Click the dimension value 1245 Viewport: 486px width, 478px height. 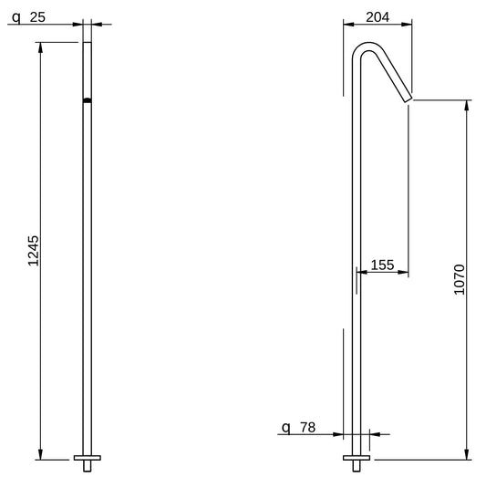pos(34,251)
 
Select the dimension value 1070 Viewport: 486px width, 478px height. pos(460,279)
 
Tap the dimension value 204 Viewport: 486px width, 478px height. pos(377,17)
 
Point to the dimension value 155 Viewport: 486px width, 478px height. pos(382,265)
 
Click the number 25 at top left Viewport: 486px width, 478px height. pos(37,17)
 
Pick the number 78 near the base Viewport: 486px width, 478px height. pos(308,428)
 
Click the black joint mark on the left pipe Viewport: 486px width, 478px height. pos(88,100)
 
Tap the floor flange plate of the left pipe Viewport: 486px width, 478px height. pos(88,458)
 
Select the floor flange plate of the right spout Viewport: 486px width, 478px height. pos(357,458)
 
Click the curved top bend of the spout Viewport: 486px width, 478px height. pos(367,47)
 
